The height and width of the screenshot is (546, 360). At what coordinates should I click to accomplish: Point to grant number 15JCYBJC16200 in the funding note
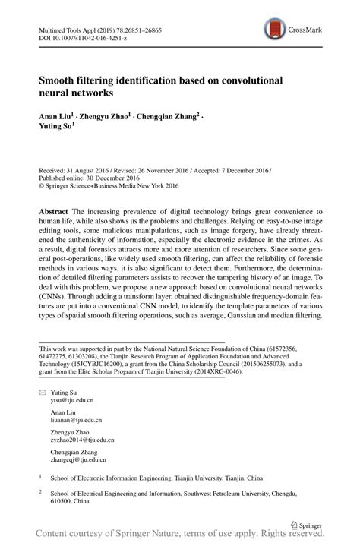[106, 365]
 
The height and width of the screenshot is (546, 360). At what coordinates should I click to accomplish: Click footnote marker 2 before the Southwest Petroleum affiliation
[40, 491]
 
